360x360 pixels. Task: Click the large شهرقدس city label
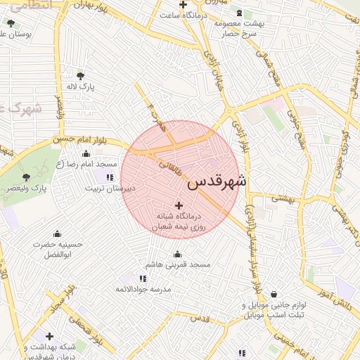point(218,181)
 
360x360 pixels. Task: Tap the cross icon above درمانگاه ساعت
point(183,5)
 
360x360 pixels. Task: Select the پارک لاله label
point(82,86)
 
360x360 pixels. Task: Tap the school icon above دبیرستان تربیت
point(110,176)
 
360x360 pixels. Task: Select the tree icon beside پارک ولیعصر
point(27,177)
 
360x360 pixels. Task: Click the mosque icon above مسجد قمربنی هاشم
point(177,254)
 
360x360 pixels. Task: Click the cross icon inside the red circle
point(179,205)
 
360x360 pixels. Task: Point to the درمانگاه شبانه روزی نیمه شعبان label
point(179,221)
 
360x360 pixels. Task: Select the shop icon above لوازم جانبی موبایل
point(273,294)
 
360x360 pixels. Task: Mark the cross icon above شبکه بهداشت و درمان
point(49,336)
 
